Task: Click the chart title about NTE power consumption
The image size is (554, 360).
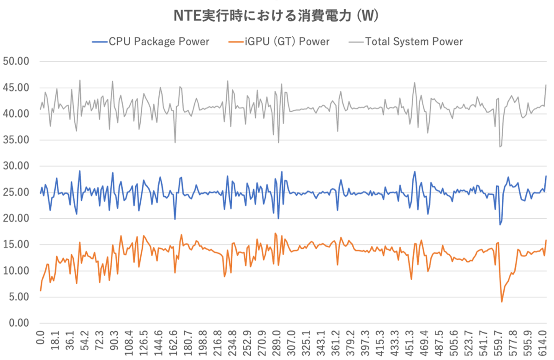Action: [276, 16]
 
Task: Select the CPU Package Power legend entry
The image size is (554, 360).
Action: [151, 42]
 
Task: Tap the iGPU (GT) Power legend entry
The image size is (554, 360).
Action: [279, 42]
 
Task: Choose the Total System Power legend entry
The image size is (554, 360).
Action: [406, 42]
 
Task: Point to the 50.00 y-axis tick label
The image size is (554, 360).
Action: [16, 61]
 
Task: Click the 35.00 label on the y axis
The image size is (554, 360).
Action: [16, 140]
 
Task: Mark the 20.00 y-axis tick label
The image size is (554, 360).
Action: [16, 218]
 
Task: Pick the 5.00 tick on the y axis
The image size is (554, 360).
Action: [19, 297]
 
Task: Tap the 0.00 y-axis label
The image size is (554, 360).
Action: [19, 323]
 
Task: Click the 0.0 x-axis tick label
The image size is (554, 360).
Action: [40, 338]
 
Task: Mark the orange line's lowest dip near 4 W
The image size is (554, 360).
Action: [501, 302]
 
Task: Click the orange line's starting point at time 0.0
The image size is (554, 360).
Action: [41, 290]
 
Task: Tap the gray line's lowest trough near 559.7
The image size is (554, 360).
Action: [500, 147]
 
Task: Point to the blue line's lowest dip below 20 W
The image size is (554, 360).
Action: [500, 224]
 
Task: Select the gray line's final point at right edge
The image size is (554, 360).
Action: [546, 85]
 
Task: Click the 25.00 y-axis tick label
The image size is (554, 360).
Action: [16, 192]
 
